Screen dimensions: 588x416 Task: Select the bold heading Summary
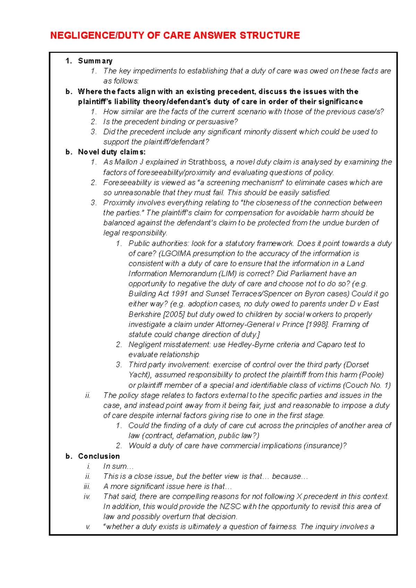(95, 61)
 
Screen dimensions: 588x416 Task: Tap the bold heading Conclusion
(99, 456)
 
